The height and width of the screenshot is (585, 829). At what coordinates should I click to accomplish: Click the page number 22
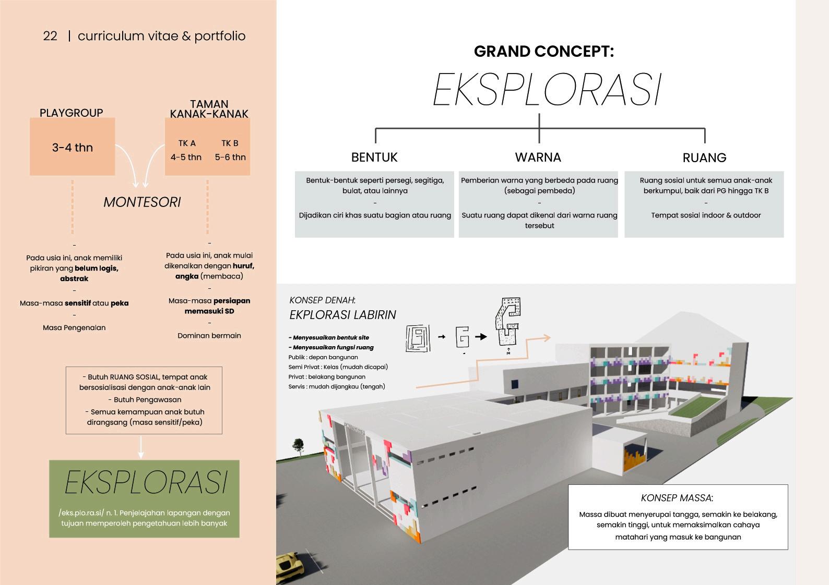50,36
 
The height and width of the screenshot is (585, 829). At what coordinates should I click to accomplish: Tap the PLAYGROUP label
72,113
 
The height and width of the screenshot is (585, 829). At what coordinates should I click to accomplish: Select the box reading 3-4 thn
72,147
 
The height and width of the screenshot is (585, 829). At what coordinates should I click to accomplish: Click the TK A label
186,143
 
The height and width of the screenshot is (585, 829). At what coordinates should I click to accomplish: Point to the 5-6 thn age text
230,157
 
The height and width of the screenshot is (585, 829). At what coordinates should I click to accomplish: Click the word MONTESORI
142,202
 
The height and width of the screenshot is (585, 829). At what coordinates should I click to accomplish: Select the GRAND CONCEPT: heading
543,51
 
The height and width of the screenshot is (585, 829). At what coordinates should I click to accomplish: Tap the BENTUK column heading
374,157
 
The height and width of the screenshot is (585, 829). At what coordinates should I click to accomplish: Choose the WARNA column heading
538,157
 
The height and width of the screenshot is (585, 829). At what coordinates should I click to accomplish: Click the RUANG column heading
704,157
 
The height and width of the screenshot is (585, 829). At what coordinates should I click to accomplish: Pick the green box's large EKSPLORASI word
146,483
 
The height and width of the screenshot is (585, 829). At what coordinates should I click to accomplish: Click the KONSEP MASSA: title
677,498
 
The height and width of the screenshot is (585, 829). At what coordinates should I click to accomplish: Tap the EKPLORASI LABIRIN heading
342,315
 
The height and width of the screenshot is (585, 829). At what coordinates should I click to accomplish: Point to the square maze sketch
418,338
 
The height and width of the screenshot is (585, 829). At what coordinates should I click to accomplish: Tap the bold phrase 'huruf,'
243,266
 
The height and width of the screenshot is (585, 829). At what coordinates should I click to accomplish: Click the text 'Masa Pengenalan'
74,328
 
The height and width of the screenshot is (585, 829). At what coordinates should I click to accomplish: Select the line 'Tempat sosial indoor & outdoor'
706,215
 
